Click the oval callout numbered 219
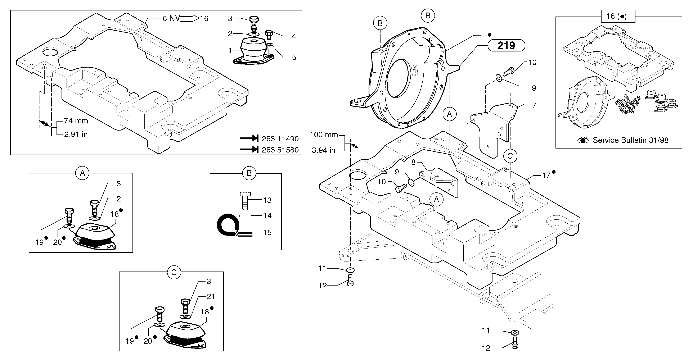pos(506,45)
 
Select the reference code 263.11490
pos(280,139)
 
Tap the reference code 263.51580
pos(280,150)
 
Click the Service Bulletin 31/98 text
pos(630,140)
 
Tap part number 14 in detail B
pos(267,215)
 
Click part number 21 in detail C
pos(211,297)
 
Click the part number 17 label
pos(546,176)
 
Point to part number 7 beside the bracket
pos(534,105)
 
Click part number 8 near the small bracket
pos(414,162)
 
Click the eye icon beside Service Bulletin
pos(583,140)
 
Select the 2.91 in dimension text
pos(76,135)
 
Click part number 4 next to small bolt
pos(294,36)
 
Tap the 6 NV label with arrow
pos(171,19)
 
